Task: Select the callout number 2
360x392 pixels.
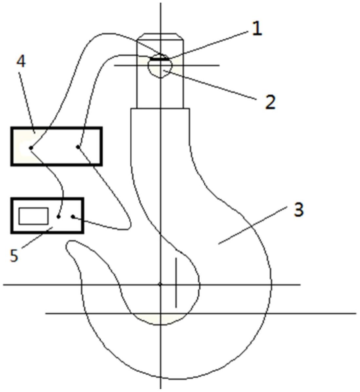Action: (270, 102)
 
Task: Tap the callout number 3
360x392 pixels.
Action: (298, 210)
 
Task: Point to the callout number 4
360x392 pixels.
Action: (21, 62)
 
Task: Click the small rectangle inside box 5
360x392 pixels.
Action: (33, 216)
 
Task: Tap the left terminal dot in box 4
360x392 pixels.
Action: (31, 148)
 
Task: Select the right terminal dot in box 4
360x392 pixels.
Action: (78, 147)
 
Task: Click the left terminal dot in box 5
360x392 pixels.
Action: (58, 217)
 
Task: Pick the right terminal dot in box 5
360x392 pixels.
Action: (73, 217)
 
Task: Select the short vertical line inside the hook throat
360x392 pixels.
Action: (176, 283)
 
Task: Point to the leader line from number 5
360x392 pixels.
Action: (37, 238)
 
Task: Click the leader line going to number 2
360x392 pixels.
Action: (210, 85)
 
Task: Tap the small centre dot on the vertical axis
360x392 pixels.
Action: (160, 284)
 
